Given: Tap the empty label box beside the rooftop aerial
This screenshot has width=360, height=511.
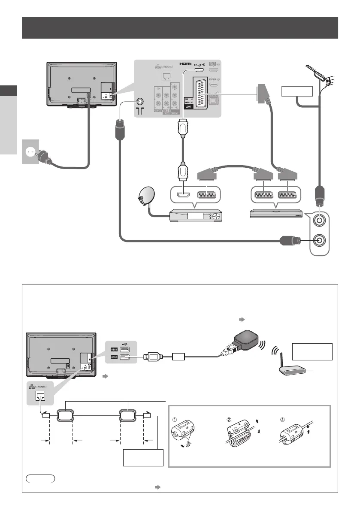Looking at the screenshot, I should point(296,92).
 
